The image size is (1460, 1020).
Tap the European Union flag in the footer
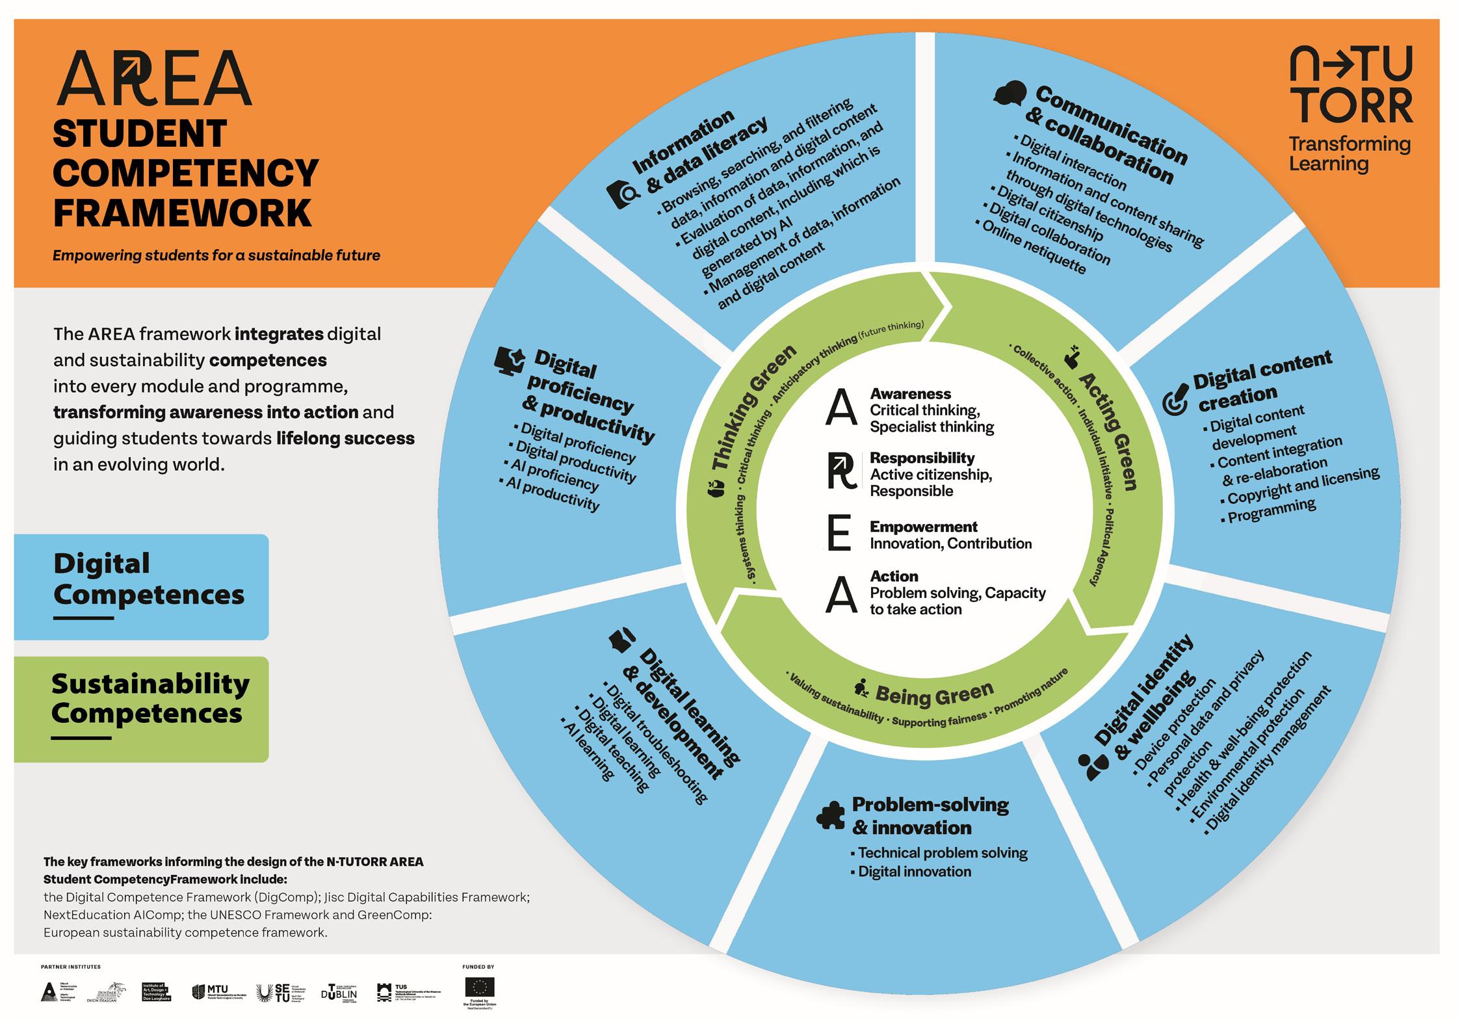[x=479, y=987]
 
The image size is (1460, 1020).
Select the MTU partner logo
[x=218, y=991]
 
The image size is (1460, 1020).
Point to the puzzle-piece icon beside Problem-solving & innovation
[x=830, y=815]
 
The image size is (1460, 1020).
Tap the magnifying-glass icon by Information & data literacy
[x=623, y=194]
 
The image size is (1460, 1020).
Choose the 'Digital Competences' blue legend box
[x=141, y=586]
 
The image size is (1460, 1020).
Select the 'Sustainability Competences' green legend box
[x=141, y=709]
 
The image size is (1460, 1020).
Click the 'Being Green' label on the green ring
[x=934, y=694]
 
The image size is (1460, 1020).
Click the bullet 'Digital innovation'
[x=914, y=872]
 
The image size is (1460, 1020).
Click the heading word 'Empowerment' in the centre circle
[x=923, y=527]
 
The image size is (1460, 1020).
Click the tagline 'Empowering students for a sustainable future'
[x=216, y=255]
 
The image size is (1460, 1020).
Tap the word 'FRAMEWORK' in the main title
[x=182, y=213]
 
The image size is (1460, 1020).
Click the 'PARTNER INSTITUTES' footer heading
[x=71, y=967]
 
